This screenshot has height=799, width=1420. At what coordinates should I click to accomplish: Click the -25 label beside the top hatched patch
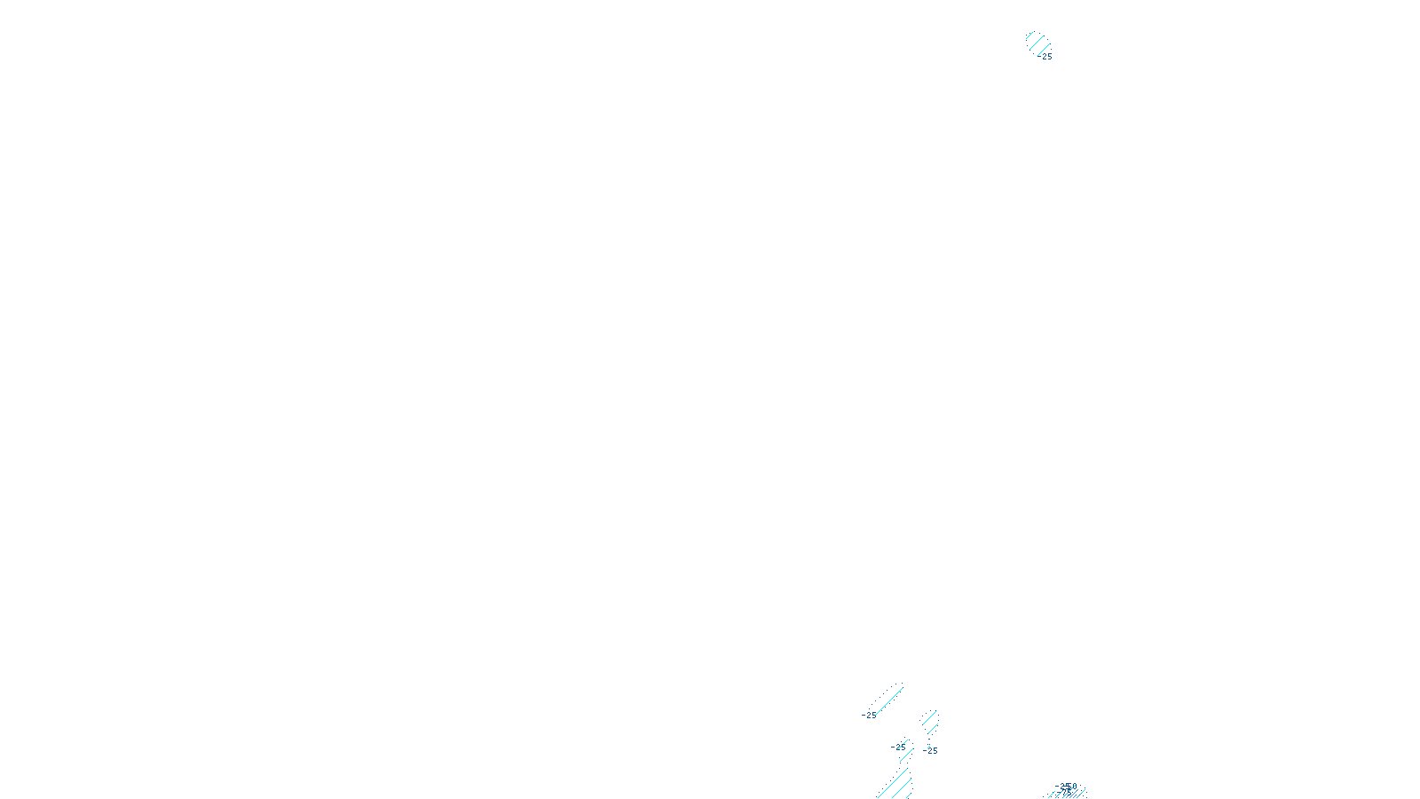[x=1046, y=57]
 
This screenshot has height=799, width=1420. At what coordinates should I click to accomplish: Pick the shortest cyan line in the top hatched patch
[x=1029, y=36]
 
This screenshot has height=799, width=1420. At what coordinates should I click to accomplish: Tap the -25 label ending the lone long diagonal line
[x=869, y=715]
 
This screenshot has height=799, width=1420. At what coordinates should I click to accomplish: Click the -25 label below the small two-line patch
[x=930, y=751]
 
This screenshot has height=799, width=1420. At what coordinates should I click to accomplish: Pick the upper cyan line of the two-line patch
[x=929, y=717]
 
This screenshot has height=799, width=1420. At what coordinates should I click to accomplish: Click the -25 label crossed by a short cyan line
[x=899, y=747]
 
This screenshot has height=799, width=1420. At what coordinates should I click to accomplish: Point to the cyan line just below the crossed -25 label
[x=906, y=755]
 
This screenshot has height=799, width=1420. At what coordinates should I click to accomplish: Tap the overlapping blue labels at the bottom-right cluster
[x=1066, y=787]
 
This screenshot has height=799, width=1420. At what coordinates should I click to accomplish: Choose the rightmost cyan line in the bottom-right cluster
[x=1082, y=794]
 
